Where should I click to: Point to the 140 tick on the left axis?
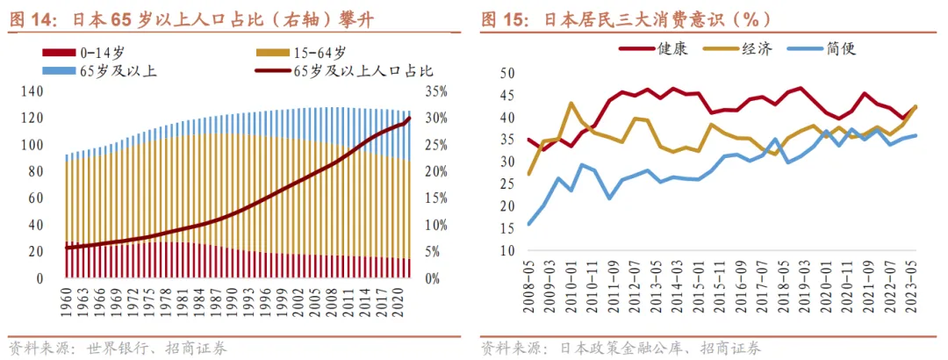pos(32,91)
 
